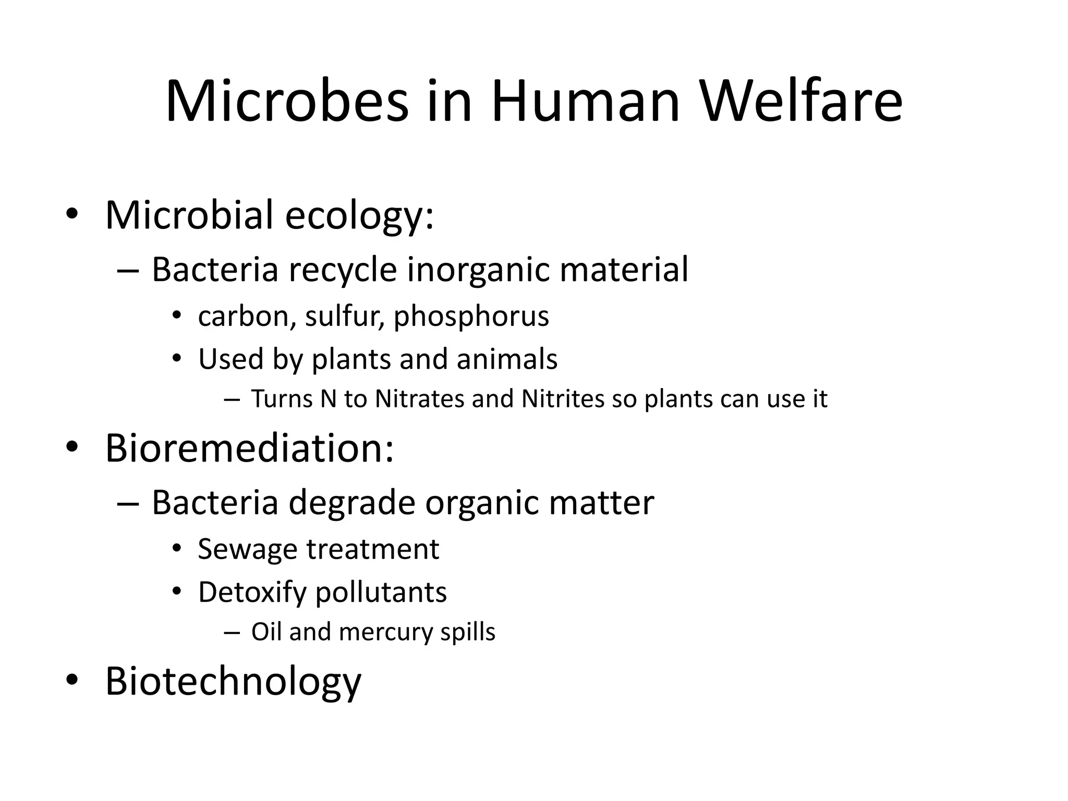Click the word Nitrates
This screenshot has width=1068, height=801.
[419, 399]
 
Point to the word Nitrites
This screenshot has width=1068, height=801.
[563, 399]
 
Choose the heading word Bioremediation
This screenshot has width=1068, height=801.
[249, 448]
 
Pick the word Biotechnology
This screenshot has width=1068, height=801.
[233, 681]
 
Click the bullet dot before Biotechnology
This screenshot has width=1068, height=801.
[72, 679]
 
